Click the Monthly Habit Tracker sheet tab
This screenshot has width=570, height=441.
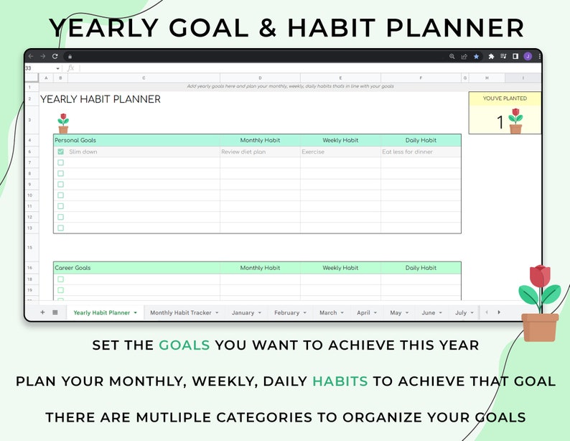tap(180, 312)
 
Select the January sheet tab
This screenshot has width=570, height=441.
tap(243, 312)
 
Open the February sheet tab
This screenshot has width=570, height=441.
tap(286, 312)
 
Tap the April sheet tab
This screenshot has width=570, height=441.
tap(363, 312)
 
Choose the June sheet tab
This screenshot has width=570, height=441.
tap(428, 312)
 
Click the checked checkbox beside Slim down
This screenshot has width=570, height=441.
tap(60, 152)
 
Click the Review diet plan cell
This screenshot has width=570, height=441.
tap(243, 152)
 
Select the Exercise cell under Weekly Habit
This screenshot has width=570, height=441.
tap(313, 152)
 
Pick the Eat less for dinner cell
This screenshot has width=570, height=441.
tap(408, 152)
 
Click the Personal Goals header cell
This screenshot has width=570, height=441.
tap(75, 140)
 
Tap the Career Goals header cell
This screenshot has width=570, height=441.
tap(73, 268)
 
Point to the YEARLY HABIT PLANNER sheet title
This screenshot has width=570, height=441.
tap(101, 99)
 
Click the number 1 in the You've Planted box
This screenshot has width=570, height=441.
tap(500, 123)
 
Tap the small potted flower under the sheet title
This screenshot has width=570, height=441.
tap(63, 123)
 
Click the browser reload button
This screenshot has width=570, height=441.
tap(55, 56)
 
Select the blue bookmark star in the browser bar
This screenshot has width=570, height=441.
tap(476, 56)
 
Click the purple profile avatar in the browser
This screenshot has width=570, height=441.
tap(528, 56)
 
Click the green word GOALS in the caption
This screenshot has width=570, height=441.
tap(184, 345)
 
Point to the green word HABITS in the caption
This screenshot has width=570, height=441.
tap(340, 381)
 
